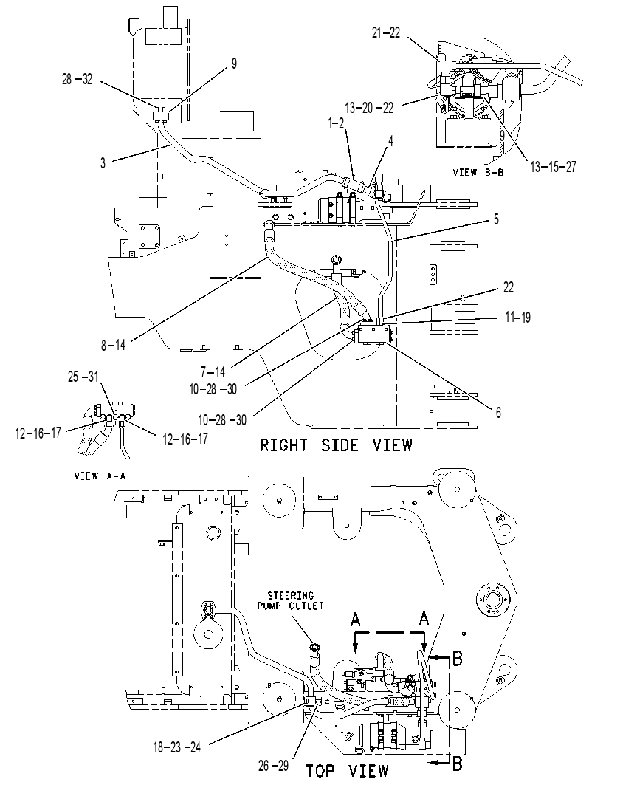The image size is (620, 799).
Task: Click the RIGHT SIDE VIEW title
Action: (x=336, y=445)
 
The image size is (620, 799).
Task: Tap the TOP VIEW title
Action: (x=347, y=771)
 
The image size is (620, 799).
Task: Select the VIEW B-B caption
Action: (x=478, y=172)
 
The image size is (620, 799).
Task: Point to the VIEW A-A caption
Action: (x=100, y=476)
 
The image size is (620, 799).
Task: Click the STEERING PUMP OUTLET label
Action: (x=290, y=601)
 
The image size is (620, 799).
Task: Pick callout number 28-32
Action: (x=77, y=79)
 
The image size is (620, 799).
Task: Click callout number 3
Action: (x=103, y=162)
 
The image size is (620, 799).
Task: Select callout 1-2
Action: (x=337, y=123)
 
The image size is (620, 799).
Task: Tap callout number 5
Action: (x=496, y=219)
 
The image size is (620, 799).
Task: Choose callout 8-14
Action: (x=113, y=345)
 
